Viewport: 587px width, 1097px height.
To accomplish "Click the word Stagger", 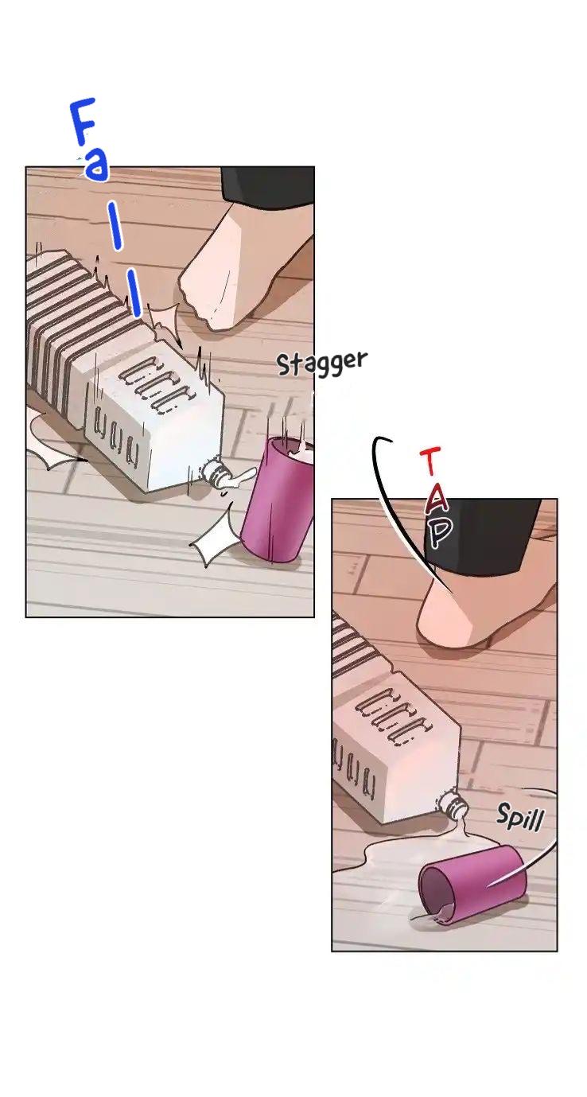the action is coord(321,364).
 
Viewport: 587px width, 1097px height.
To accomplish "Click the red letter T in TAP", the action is coord(430,461).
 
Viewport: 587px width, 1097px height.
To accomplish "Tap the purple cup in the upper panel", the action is coord(278,500).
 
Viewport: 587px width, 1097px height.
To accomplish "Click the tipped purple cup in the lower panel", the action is coord(472,885).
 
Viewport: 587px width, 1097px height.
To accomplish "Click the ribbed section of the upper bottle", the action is coord(73,318).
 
